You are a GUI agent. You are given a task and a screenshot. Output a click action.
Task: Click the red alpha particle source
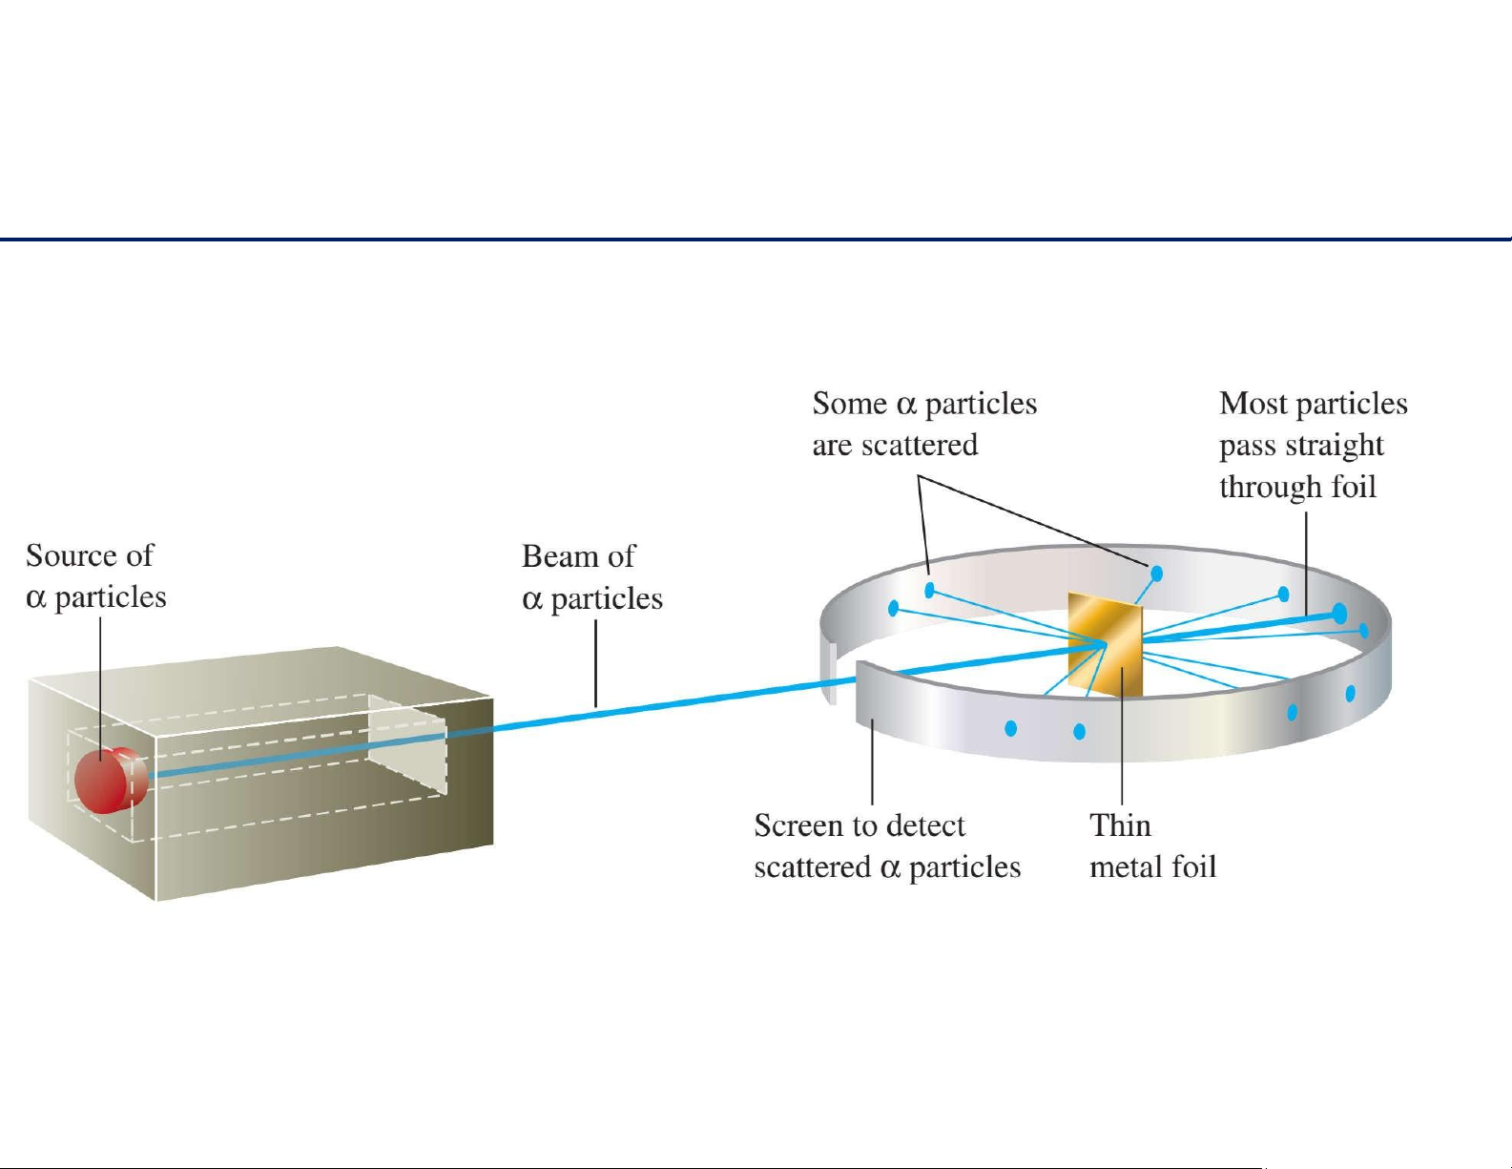111,780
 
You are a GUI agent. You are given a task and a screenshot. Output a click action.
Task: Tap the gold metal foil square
1105,644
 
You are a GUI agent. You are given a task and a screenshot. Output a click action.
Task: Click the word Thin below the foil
1120,826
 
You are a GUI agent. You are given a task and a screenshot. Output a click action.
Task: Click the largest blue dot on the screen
1339,614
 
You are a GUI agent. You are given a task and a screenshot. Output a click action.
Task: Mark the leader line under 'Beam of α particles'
595,664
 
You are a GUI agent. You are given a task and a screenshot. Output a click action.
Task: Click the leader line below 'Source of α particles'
100,687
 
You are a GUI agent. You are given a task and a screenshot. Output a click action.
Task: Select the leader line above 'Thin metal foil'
1122,736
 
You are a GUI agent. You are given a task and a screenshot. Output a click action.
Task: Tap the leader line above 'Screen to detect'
872,762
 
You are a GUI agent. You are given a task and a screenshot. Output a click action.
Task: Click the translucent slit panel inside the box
407,744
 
